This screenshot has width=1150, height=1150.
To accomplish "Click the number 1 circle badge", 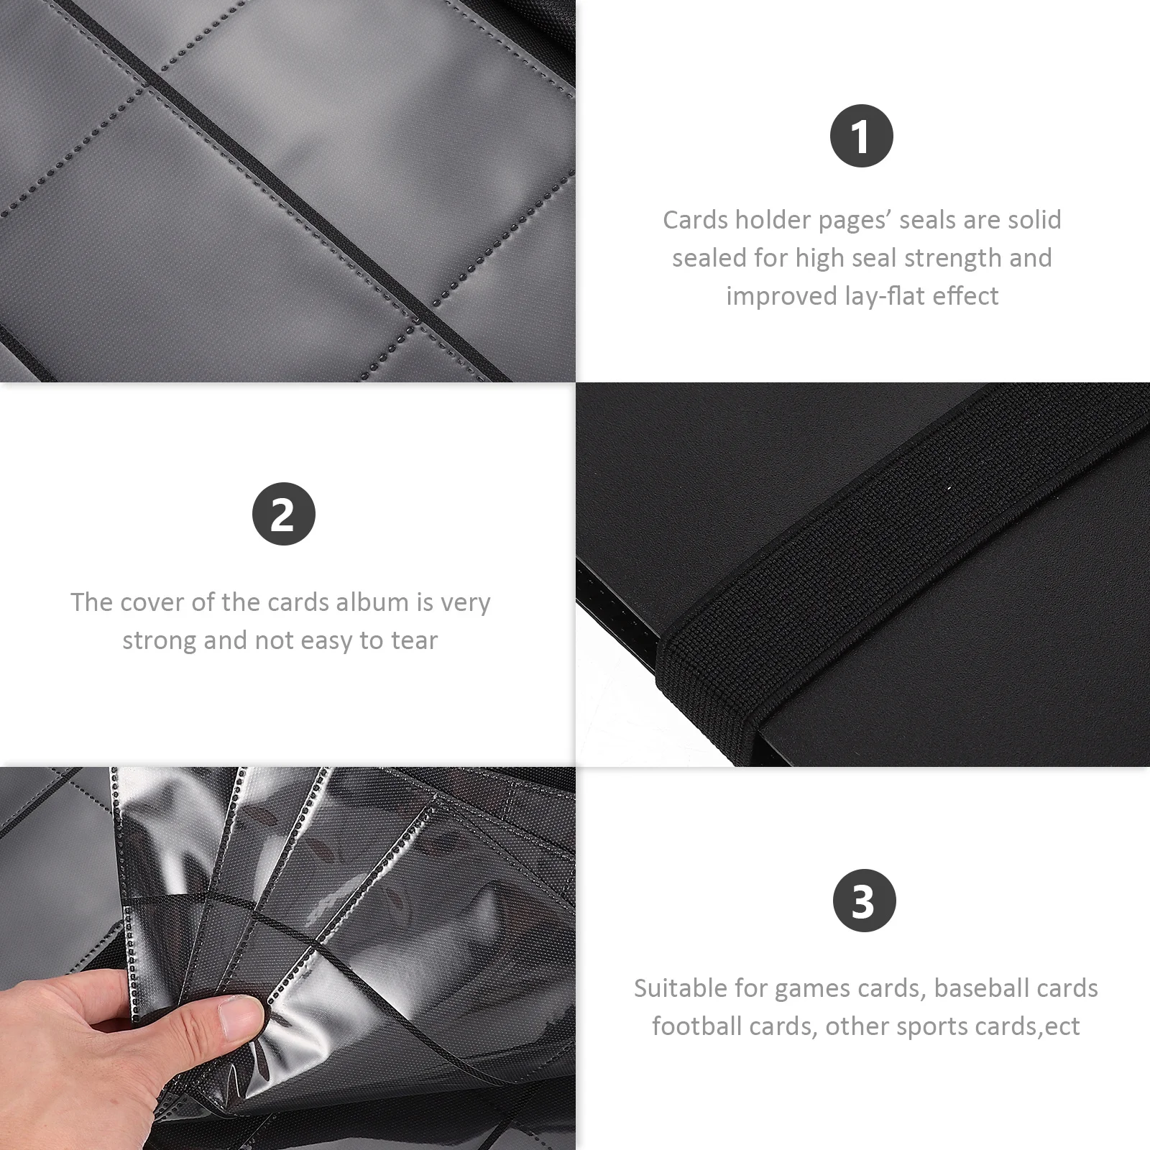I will point(861,136).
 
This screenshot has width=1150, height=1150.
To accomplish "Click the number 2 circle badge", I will point(283,514).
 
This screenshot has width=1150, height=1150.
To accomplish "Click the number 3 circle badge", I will point(864,901).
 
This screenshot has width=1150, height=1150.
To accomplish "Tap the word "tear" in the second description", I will point(414,640).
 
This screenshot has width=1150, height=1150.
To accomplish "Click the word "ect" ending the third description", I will point(1062,1027).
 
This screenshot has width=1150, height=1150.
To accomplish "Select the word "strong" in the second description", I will point(159,640).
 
